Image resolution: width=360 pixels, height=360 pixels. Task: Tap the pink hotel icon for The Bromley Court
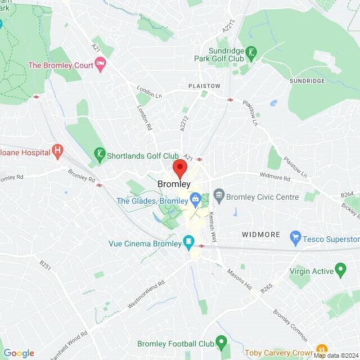click(100, 65)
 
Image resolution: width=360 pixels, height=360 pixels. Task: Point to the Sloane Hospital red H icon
click(57, 151)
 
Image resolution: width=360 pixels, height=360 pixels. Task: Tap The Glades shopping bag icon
click(194, 198)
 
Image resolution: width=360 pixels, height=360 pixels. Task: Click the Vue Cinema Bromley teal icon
click(188, 243)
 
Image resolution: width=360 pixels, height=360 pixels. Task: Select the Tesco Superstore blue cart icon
click(295, 238)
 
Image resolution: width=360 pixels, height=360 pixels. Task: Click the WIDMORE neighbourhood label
click(260, 233)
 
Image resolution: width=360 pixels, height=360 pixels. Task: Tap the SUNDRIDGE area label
click(307, 81)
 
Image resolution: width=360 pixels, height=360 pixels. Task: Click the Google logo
click(19, 353)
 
